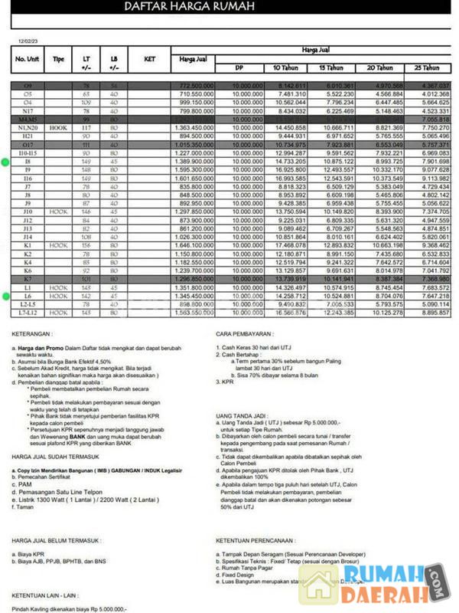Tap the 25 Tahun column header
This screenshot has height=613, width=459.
tap(431, 67)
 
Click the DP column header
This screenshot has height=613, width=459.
tap(239, 67)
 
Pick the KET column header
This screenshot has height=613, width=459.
tap(149, 58)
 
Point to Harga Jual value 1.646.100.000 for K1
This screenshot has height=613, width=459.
tap(194, 245)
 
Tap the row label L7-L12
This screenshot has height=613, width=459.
tap(28, 313)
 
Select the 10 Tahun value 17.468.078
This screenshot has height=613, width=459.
tap(290, 245)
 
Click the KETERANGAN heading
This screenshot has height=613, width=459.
tap(32, 334)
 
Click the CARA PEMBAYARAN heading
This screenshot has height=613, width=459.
tap(244, 334)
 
